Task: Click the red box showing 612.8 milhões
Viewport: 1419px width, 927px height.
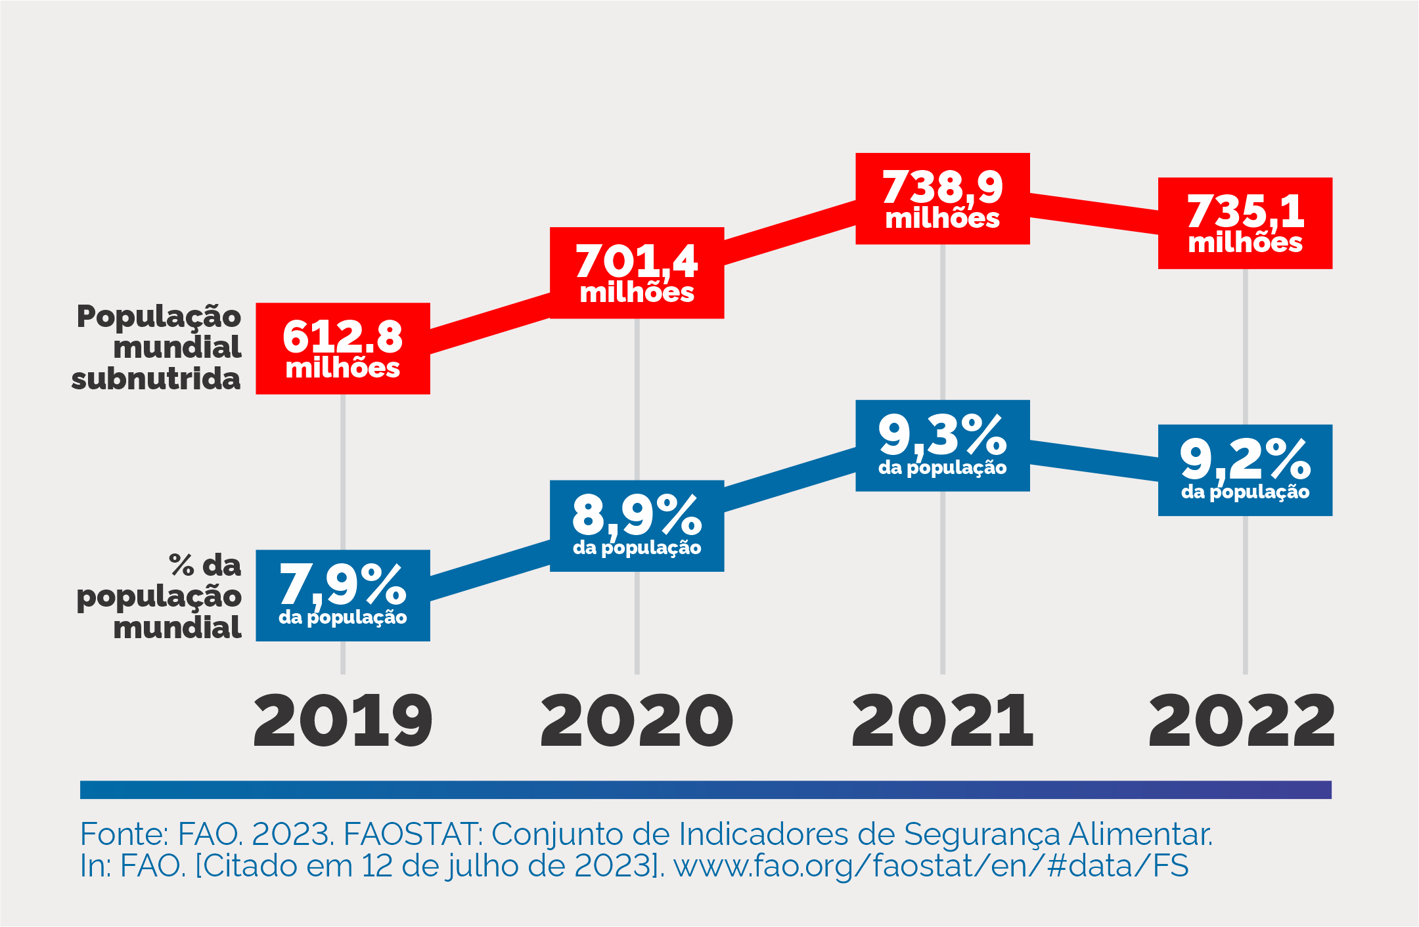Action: (x=343, y=349)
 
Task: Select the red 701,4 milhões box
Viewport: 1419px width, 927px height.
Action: (x=637, y=273)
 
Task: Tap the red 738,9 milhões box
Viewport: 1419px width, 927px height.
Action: (x=942, y=199)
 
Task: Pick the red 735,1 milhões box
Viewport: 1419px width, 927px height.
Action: (x=1245, y=223)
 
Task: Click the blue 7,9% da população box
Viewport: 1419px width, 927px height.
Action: (x=343, y=595)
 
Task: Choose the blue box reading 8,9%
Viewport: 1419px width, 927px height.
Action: (x=637, y=526)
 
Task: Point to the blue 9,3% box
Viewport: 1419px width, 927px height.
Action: (x=942, y=446)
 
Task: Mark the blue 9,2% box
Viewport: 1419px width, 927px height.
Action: (x=1245, y=470)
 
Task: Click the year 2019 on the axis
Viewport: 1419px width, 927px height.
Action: (x=343, y=721)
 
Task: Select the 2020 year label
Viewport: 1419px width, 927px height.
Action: (x=637, y=721)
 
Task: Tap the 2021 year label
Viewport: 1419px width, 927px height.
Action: (x=942, y=721)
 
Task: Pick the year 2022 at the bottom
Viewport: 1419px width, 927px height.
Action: (x=1242, y=721)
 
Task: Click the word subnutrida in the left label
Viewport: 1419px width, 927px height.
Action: (x=156, y=379)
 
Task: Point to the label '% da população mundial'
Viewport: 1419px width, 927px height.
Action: (x=159, y=596)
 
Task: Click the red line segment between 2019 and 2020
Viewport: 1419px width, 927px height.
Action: (x=489, y=322)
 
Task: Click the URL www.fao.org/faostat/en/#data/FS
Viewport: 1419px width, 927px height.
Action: (x=931, y=866)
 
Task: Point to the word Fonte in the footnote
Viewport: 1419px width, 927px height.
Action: (x=123, y=834)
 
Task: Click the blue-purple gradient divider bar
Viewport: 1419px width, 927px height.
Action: (x=706, y=790)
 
